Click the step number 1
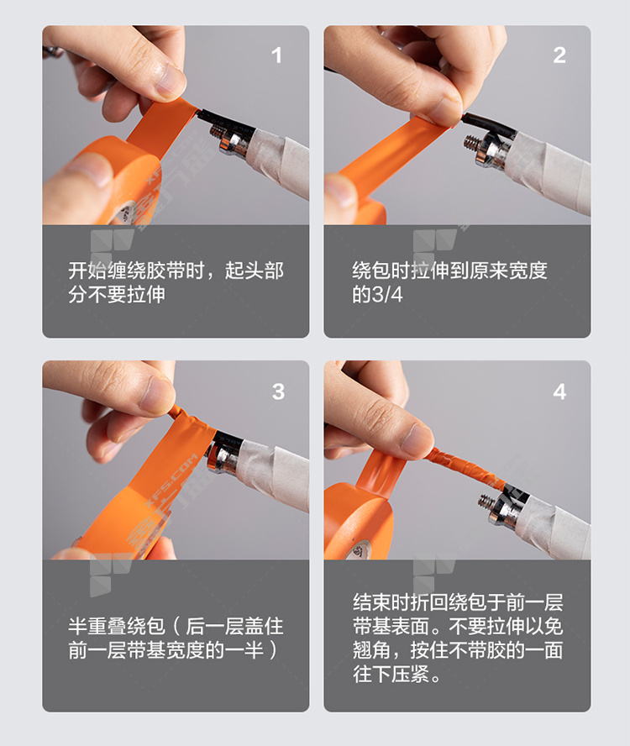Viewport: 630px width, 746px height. pyautogui.click(x=276, y=55)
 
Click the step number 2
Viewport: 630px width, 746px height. pyautogui.click(x=559, y=55)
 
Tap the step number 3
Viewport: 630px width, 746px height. pyautogui.click(x=278, y=391)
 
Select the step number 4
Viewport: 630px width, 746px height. pyautogui.click(x=559, y=391)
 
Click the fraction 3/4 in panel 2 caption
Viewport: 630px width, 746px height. pyautogui.click(x=387, y=295)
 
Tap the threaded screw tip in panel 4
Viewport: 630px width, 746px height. pyautogui.click(x=487, y=502)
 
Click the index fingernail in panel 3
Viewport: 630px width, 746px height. pyautogui.click(x=159, y=396)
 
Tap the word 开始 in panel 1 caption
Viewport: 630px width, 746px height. pyautogui.click(x=87, y=271)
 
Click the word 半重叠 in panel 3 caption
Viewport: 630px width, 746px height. pyautogui.click(x=97, y=626)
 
